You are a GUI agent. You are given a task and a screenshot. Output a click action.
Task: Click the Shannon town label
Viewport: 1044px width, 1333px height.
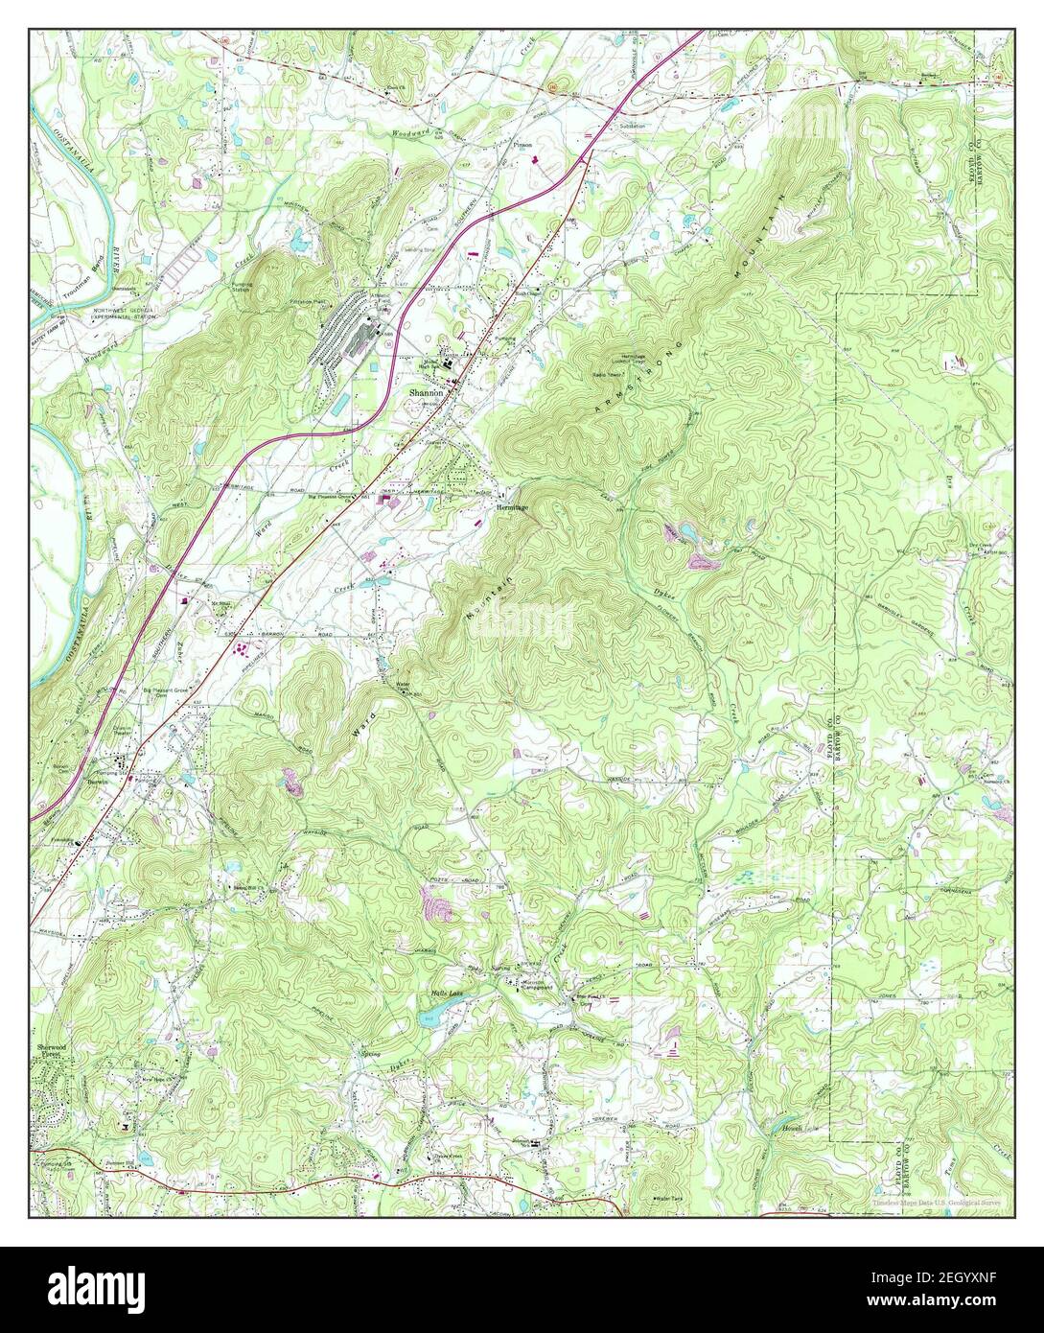pos(426,393)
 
